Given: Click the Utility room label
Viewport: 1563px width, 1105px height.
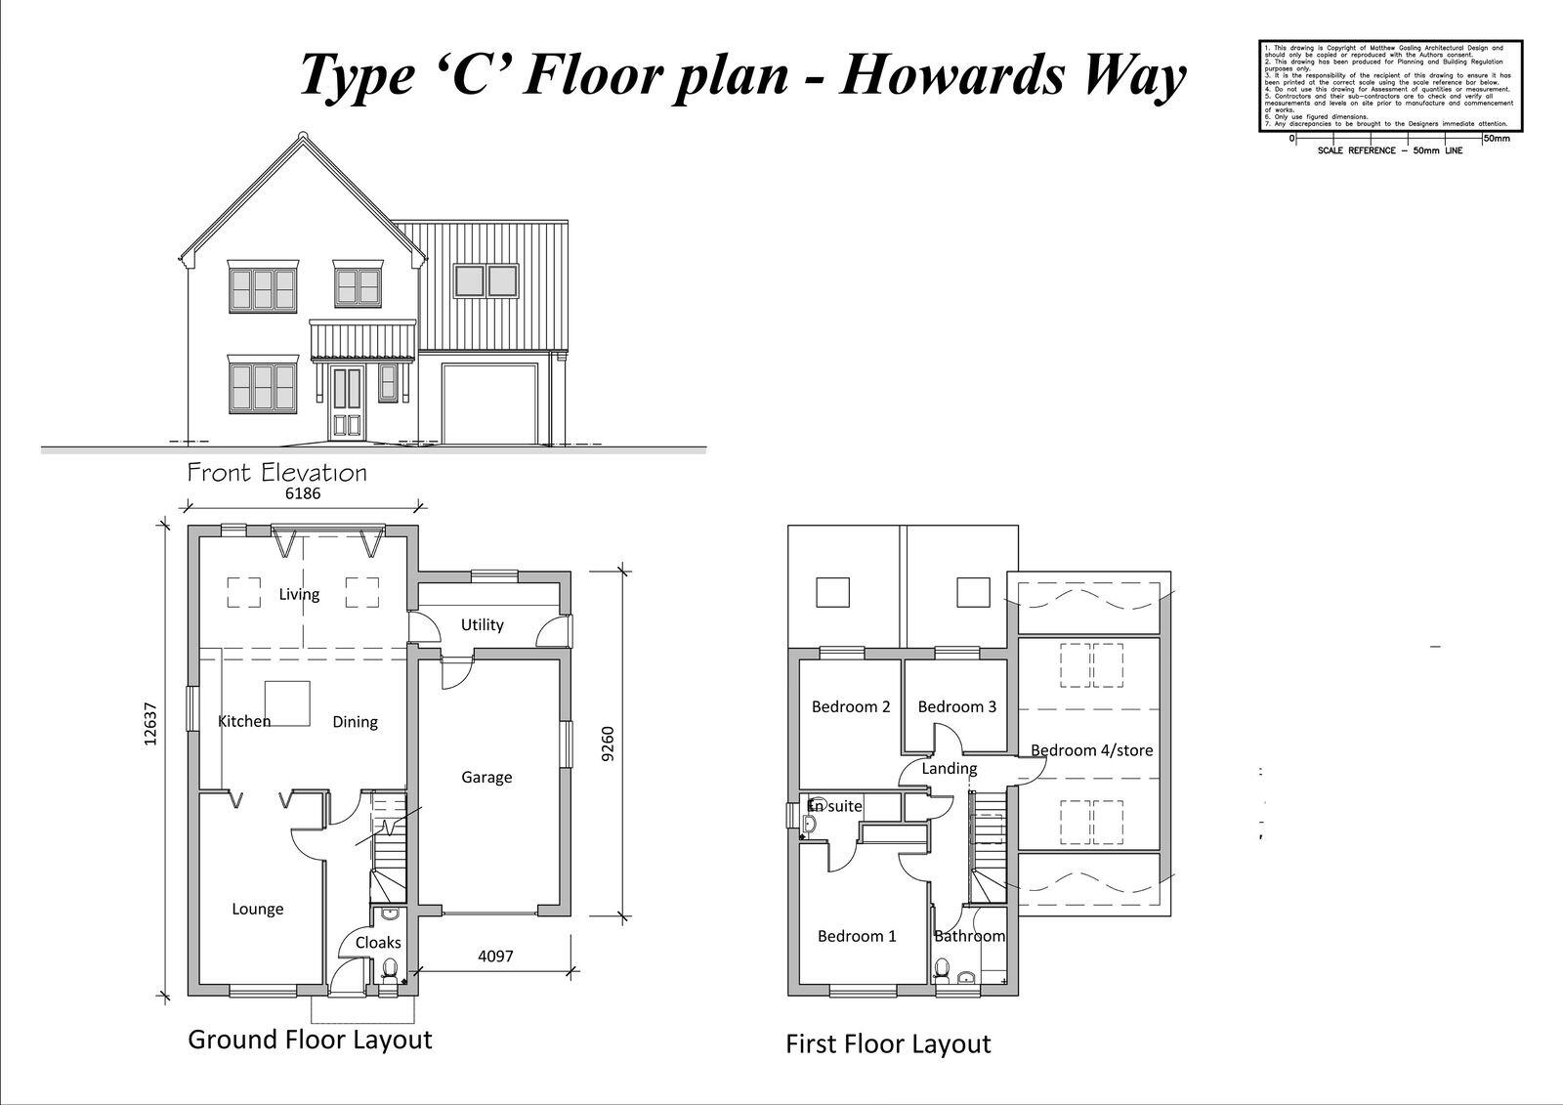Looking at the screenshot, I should (482, 625).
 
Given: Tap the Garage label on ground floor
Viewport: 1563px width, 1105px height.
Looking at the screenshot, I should (486, 778).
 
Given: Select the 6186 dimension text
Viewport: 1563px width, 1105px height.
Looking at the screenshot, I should (302, 493).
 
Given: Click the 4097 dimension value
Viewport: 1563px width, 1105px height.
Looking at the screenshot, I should (495, 956).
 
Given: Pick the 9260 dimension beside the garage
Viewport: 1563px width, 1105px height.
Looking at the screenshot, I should (608, 744).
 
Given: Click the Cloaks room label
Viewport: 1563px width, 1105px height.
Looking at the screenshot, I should (378, 943).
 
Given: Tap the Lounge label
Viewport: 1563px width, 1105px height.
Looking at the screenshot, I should (258, 909).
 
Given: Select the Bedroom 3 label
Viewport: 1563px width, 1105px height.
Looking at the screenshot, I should (956, 706).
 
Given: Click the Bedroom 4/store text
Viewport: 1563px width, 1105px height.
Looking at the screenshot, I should (1091, 750).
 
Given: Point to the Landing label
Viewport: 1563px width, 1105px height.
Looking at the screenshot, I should (949, 769).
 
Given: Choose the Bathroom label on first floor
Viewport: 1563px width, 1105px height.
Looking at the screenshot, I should (969, 936).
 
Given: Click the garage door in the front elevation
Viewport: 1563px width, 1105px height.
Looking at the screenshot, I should (489, 404).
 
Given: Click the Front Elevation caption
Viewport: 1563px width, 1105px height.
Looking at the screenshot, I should (277, 474).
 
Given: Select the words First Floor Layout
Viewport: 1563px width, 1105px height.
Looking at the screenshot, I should (888, 1044).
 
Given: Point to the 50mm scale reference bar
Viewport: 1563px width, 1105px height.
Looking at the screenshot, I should (1387, 139).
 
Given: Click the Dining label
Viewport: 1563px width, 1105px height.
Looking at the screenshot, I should (355, 722).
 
